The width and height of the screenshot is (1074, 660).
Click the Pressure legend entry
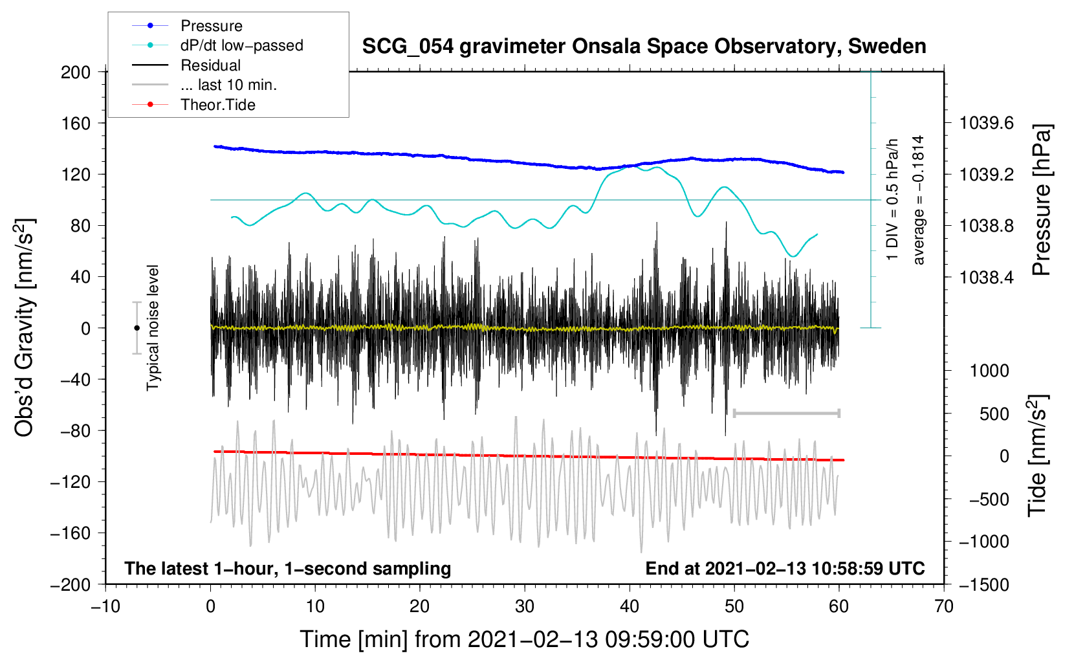click(x=188, y=26)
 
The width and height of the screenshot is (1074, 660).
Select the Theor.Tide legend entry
click(x=193, y=105)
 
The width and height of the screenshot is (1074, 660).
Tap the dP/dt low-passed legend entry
click(x=217, y=45)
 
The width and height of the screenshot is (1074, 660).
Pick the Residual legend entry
click(x=186, y=65)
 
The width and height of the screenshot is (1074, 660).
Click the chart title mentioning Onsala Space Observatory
click(x=644, y=47)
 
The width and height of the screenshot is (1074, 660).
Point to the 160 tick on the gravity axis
click(x=75, y=124)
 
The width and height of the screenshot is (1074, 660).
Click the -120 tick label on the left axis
click(x=70, y=482)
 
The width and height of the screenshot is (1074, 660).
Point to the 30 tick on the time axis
click(x=525, y=607)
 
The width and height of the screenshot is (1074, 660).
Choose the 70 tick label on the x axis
click(x=943, y=607)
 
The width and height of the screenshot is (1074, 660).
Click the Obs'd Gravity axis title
click(x=24, y=328)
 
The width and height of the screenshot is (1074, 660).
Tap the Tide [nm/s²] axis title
click(x=1038, y=456)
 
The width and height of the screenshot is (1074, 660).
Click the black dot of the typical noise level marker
click(x=137, y=328)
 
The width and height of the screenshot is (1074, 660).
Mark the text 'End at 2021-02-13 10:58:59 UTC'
click(x=785, y=568)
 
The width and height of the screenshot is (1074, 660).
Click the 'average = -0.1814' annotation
click(x=917, y=200)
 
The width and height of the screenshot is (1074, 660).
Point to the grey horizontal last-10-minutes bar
click(x=786, y=413)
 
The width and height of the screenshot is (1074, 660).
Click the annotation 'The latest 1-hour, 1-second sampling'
click(x=288, y=568)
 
